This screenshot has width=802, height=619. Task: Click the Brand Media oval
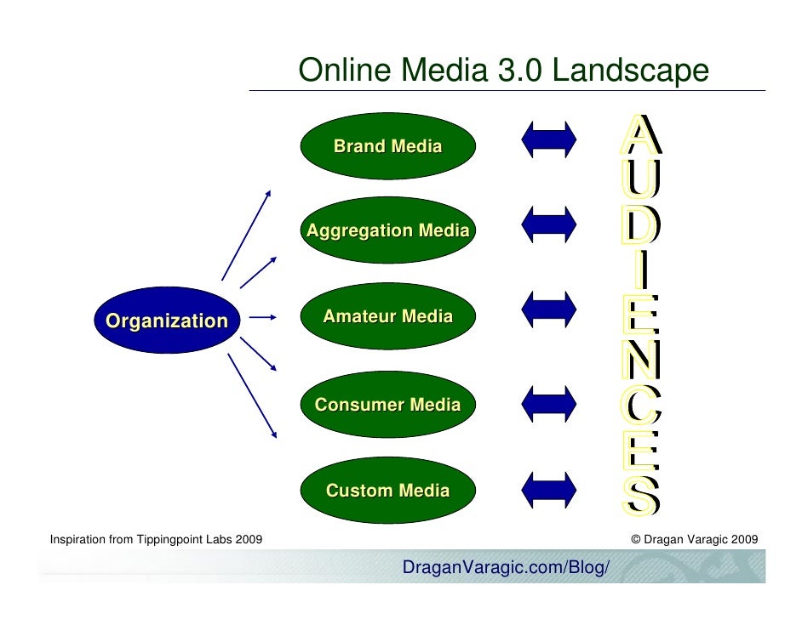(387, 146)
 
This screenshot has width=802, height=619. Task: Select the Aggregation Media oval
(387, 230)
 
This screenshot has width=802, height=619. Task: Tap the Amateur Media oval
(387, 317)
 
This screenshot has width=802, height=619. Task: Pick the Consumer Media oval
(387, 405)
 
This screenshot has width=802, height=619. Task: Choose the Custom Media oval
(387, 491)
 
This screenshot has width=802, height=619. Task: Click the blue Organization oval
(167, 321)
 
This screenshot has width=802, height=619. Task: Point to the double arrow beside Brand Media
(549, 138)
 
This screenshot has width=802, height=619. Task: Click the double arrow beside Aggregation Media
(549, 223)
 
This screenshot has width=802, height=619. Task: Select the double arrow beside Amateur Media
(549, 309)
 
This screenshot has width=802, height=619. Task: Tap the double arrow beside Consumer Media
(549, 400)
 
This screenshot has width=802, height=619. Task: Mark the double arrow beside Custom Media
(549, 487)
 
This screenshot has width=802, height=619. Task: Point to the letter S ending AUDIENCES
(639, 497)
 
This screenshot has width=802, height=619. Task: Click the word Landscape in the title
(630, 71)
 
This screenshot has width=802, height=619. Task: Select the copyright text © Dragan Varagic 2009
(695, 539)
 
